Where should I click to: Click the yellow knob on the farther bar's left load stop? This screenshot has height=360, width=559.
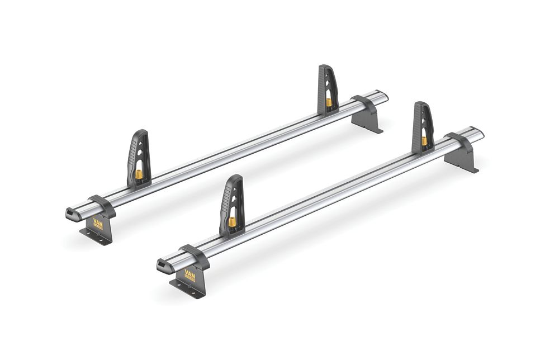(x=139, y=174)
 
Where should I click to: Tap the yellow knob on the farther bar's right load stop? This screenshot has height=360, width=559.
(x=329, y=102)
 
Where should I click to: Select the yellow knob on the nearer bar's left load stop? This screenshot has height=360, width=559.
(x=232, y=221)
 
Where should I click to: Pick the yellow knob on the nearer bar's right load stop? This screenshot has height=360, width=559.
(x=425, y=141)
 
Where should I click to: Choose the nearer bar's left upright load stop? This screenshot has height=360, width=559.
(x=232, y=204)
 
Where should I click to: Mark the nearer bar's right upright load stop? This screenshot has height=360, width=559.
(x=423, y=126)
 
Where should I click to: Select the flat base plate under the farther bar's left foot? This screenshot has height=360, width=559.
(x=94, y=235)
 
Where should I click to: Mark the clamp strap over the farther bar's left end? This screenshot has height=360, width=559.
(x=102, y=205)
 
